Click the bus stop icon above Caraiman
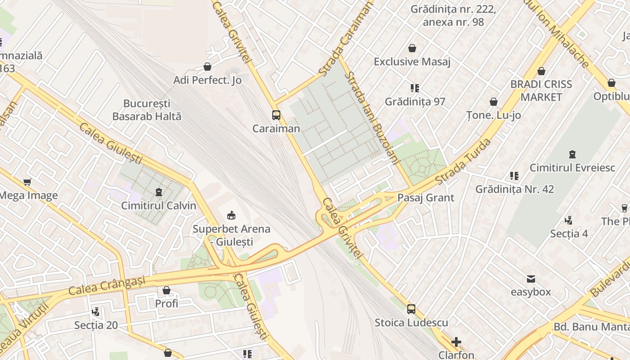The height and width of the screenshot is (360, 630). (276, 115)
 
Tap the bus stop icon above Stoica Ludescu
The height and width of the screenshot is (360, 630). (411, 309)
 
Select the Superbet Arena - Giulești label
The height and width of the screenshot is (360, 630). (231, 235)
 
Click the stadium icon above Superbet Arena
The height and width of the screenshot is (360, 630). (231, 216)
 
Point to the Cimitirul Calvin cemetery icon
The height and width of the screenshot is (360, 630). (158, 192)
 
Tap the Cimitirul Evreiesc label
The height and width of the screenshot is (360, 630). (572, 168)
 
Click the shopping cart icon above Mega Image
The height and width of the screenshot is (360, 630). (27, 182)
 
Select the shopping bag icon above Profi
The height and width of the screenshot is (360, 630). (166, 290)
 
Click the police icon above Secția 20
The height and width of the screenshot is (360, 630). (95, 311)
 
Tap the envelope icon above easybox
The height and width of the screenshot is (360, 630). (531, 279)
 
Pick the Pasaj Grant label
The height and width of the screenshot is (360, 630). (426, 198)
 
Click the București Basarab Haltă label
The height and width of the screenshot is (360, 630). (147, 110)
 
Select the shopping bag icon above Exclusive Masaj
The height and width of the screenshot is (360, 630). (412, 48)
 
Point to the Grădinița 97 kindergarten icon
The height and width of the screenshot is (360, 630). (415, 88)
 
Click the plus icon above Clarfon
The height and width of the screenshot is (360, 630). (456, 342)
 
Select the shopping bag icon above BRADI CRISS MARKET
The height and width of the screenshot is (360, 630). (541, 71)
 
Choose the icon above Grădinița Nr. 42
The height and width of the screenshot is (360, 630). (514, 175)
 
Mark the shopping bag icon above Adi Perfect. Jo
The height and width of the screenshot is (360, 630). (207, 67)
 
